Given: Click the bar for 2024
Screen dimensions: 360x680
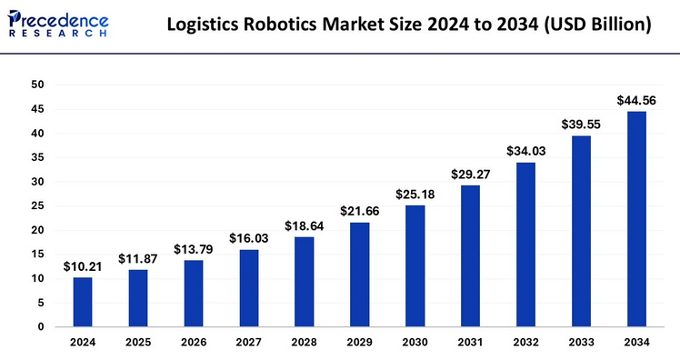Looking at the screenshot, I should pos(83,302).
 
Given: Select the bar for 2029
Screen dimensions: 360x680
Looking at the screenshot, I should pos(359,275).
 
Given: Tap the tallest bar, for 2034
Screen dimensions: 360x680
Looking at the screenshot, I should pos(636,219).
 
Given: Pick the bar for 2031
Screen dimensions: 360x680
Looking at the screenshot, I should pos(470,255).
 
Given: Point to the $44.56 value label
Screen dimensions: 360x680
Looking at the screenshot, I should pos(636,100).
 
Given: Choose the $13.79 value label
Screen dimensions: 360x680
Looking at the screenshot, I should pos(193,249).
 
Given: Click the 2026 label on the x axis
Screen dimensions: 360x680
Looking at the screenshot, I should pos(193,344).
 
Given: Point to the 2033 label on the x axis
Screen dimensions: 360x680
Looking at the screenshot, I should pos(581,344).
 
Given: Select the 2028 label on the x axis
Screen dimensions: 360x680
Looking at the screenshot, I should pos(304,344).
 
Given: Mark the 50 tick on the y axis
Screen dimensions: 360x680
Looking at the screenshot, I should pos(37,85).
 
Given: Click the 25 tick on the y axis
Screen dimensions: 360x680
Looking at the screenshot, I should pos(37,205).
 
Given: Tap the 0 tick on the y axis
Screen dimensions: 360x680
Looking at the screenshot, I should pos(41,326).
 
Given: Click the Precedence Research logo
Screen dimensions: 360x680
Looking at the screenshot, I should pos(58,24).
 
